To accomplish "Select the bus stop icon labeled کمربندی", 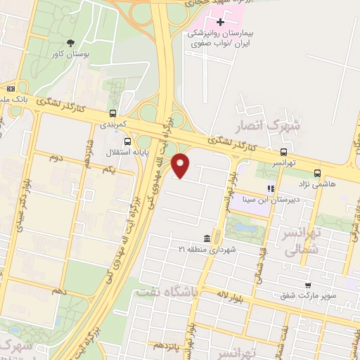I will [x=113, y=113].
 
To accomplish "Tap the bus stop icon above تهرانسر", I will [x=284, y=152].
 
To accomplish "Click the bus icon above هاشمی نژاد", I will [x=318, y=173].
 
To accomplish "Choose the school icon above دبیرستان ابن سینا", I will [x=269, y=188].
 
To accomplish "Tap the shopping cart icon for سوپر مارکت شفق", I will [x=307, y=285].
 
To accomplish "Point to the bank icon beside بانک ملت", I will [x=11, y=89].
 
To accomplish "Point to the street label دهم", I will [x=59, y=290].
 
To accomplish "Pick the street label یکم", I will [x=108, y=170].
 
